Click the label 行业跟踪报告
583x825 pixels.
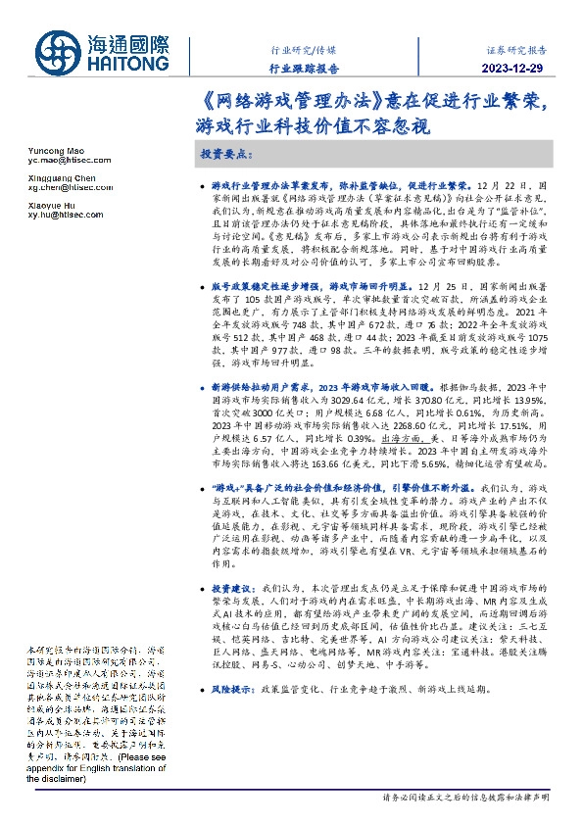point(304,69)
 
